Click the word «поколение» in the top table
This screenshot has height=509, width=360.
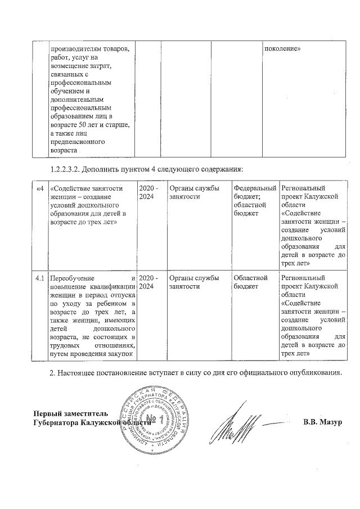[x=282, y=48]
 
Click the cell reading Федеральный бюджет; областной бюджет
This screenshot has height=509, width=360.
[x=255, y=201]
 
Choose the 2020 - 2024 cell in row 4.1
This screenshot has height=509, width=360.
[x=149, y=282]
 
